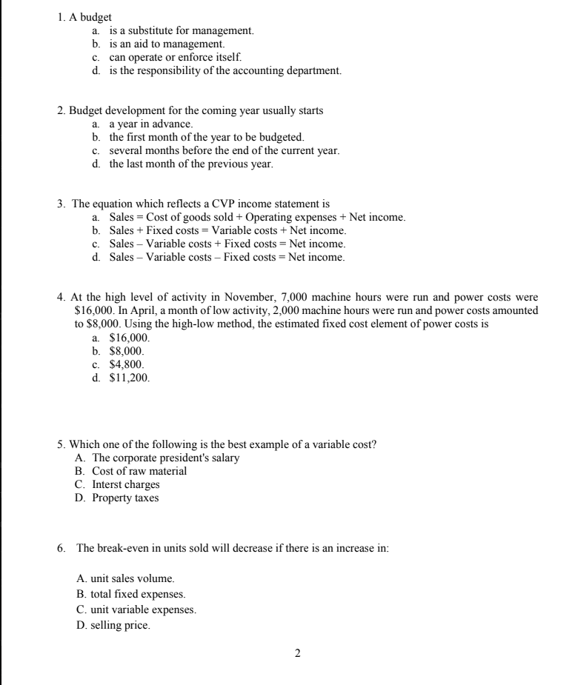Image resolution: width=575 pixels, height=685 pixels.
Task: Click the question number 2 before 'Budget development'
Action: click(x=60, y=111)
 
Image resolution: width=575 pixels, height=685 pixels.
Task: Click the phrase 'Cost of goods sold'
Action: click(x=182, y=218)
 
